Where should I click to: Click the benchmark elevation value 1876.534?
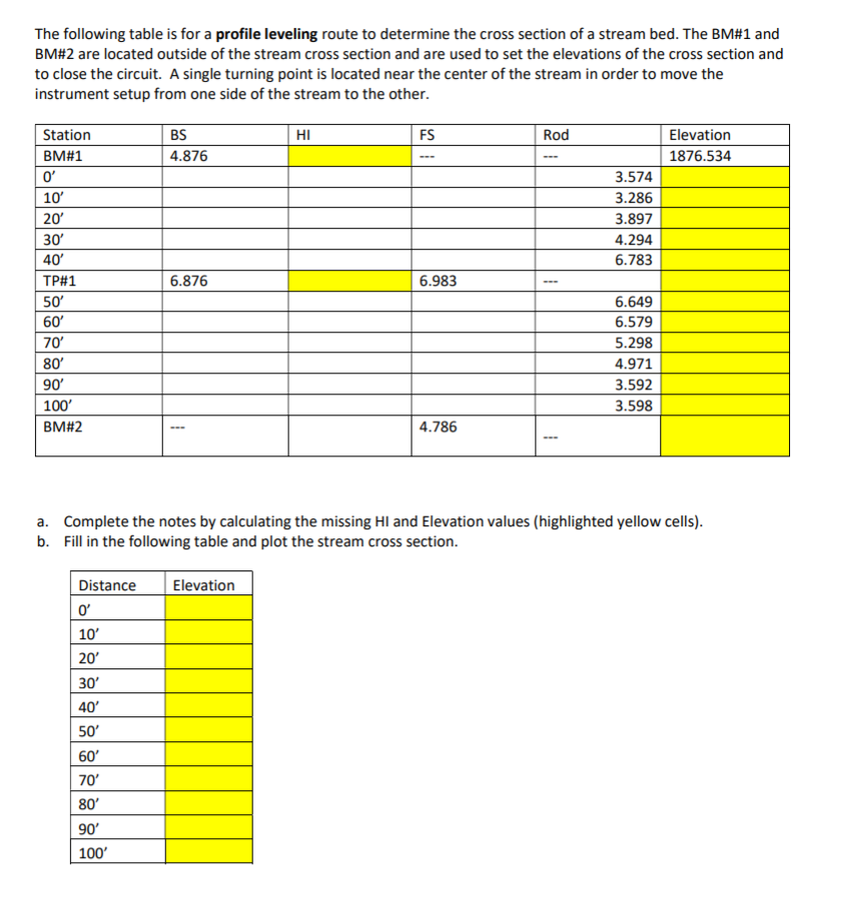click(x=699, y=156)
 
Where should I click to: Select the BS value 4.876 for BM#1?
click(x=190, y=156)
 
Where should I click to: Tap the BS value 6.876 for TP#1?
click(x=190, y=282)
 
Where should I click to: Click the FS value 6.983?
click(x=438, y=282)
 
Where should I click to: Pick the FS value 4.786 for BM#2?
click(x=438, y=427)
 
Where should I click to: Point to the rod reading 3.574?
click(x=634, y=177)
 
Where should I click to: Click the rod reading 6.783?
click(x=634, y=260)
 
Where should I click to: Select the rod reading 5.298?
click(x=634, y=344)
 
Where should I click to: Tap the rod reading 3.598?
click(x=634, y=406)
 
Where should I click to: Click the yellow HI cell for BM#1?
click(x=350, y=156)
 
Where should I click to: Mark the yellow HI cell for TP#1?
click(x=350, y=282)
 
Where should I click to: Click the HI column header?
click(x=305, y=135)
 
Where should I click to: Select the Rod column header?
click(x=555, y=135)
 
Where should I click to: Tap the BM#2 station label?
click(x=62, y=427)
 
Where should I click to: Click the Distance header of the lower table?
click(x=107, y=585)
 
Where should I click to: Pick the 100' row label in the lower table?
click(x=93, y=853)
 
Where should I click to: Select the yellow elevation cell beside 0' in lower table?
click(x=209, y=607)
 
